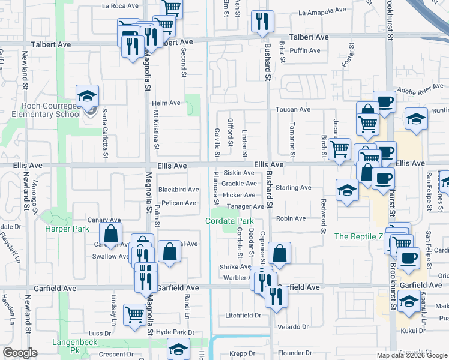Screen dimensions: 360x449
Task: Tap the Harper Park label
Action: click(67, 229)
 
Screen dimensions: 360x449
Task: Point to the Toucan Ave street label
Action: click(293, 109)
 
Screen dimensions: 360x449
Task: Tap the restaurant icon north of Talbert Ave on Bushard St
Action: click(262, 22)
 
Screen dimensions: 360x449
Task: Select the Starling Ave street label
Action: click(294, 188)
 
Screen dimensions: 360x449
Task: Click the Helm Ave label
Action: click(166, 103)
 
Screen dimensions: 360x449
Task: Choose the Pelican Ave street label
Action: click(179, 203)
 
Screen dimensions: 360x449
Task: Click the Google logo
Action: click(20, 353)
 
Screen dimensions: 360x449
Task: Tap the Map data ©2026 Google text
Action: click(411, 355)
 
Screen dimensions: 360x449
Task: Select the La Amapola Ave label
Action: click(322, 11)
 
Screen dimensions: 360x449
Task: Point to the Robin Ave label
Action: click(291, 218)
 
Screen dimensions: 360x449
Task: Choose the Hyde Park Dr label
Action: click(175, 332)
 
